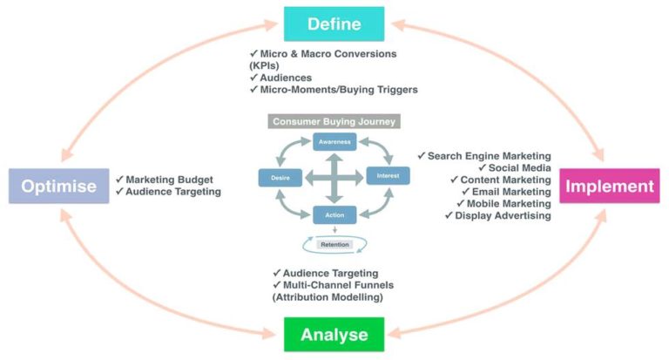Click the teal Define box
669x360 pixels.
point(334,24)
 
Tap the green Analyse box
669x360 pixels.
point(334,335)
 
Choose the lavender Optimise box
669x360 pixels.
point(57,186)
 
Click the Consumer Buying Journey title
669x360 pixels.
point(334,121)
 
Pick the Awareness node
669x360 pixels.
point(334,142)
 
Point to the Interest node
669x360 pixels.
point(388,176)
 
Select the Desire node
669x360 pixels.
point(280,178)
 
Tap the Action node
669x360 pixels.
point(334,214)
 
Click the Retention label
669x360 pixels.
point(334,245)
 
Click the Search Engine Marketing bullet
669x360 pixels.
point(489,156)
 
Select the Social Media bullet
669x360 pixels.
point(514,167)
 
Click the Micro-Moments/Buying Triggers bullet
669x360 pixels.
point(333,89)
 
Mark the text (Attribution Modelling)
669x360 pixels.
point(328,297)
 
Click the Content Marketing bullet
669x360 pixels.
point(499,180)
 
